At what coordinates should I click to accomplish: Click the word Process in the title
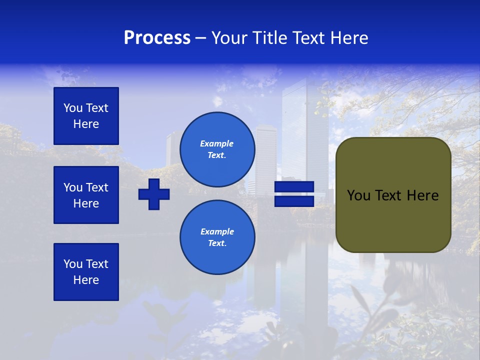157,38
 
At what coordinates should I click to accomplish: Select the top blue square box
86,116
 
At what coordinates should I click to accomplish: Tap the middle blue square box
86,195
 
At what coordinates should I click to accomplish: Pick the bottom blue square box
86,272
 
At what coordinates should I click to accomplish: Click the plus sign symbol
154,194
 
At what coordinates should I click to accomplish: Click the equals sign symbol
294,194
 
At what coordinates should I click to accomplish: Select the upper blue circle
217,149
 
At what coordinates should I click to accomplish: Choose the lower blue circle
217,237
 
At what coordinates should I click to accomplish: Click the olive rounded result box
393,195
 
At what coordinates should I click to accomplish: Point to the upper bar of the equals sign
294,187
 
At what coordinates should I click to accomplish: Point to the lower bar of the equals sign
294,201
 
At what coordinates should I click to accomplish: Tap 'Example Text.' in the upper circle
217,149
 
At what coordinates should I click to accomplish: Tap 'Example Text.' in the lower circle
217,237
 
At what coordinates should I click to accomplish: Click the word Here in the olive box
423,195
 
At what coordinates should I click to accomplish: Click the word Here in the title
349,38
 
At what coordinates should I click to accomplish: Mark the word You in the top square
73,108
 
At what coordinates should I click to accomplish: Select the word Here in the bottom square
86,280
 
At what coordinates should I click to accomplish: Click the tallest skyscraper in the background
305,130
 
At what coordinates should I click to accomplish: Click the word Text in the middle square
97,187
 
